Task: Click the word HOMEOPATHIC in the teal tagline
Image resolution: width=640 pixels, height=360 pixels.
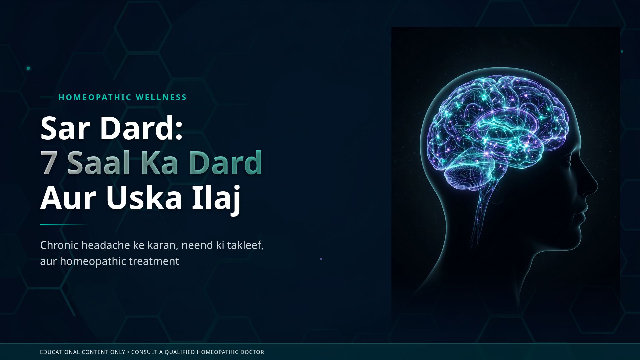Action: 95,97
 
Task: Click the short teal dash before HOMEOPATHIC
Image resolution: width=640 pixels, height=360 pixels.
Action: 47,97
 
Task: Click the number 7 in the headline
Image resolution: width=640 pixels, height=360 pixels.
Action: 48,163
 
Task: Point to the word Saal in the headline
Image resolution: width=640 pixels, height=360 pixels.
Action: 98,163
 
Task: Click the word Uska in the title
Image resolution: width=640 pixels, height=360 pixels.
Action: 144,198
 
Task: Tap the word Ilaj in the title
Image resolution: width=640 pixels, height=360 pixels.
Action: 216,198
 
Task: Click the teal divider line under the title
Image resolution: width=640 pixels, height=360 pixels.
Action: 63,225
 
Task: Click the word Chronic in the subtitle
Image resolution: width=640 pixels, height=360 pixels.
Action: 59,245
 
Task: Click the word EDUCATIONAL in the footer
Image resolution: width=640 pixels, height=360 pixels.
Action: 60,352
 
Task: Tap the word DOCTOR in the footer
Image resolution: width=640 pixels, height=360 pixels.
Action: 252,352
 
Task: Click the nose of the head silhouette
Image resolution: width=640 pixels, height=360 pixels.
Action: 593,187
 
